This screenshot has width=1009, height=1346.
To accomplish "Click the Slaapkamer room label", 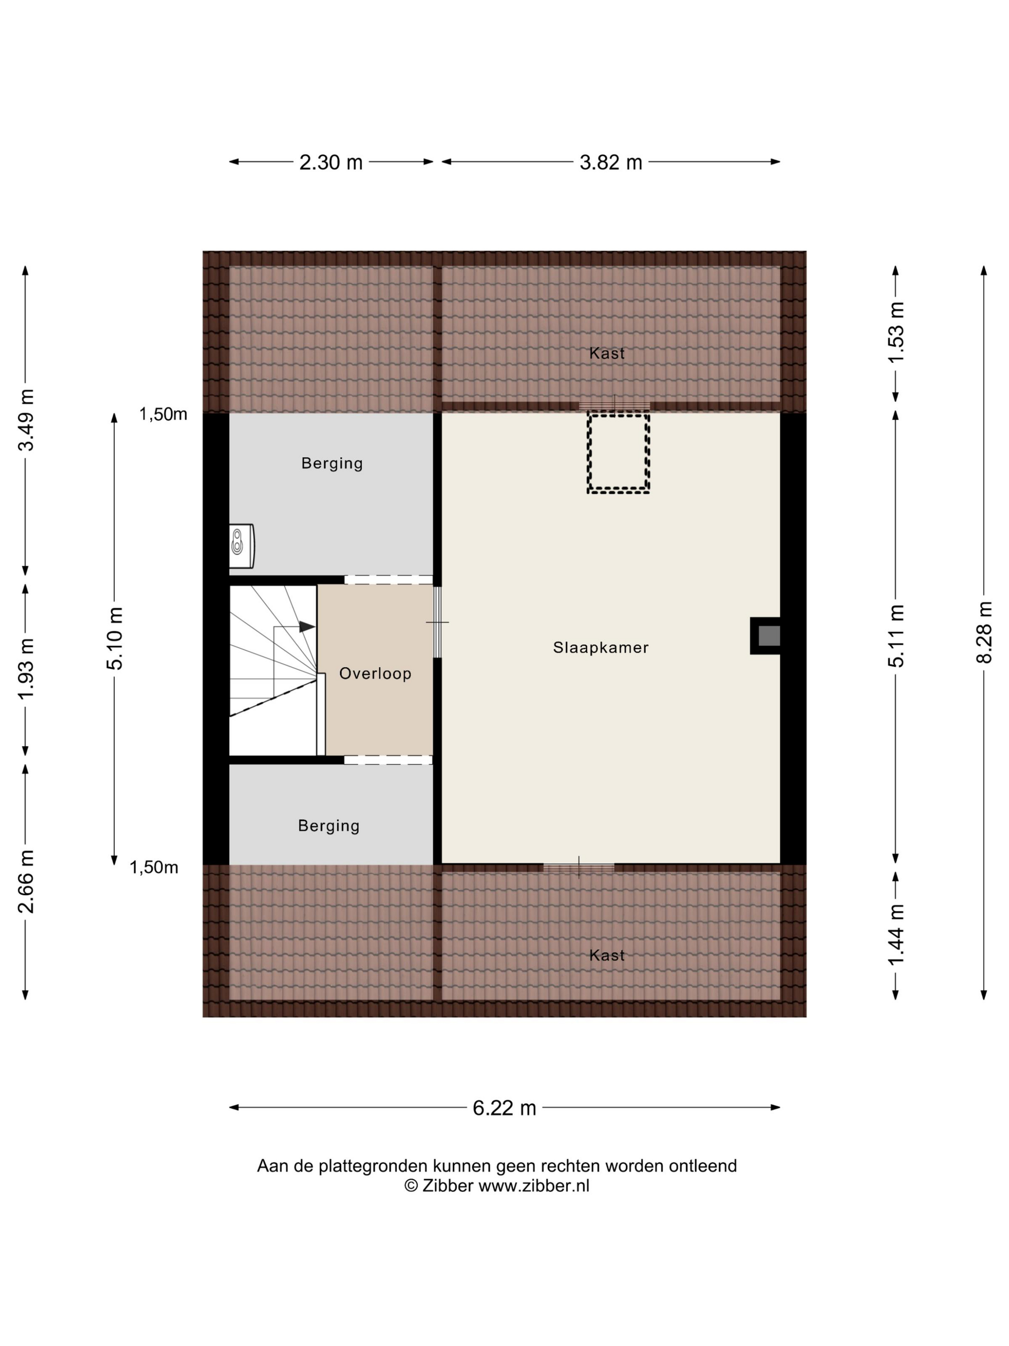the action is pos(600,648).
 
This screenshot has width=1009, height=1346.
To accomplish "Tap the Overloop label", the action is pos(375,673).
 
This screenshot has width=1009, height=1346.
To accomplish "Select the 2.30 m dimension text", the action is pos(331,162).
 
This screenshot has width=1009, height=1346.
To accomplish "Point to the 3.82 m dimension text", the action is pos(611,162).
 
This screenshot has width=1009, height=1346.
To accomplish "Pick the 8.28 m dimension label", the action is pos(984,632).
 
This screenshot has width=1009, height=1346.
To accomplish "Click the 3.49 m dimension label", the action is pos(25,420).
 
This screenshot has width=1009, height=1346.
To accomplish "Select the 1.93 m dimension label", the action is pos(25,669).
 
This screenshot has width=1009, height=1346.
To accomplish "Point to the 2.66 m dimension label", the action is pos(25,881).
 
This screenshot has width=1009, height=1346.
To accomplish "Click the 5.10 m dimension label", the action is pos(114,638).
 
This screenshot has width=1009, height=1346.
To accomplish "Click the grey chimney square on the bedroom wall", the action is pos(769,636).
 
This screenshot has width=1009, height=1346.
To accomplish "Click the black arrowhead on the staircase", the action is pos(307,627).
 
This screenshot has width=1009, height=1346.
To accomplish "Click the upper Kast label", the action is pos(607,353).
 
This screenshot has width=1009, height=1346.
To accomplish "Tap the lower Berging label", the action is pos(329,826).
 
